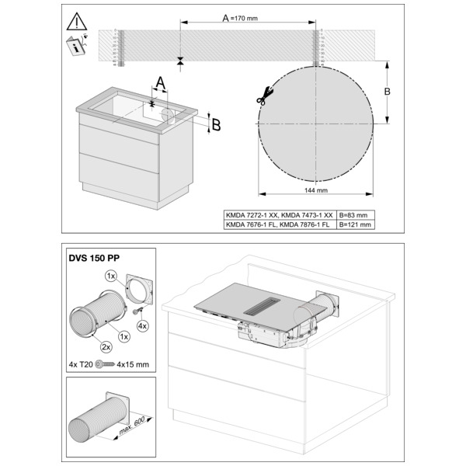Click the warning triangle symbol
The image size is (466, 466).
click(x=77, y=22)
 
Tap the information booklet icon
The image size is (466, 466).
click(x=76, y=45)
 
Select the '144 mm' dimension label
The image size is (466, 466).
click(x=316, y=190)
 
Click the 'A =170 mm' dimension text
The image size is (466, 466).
click(x=240, y=18)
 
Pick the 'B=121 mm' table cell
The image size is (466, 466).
click(x=355, y=224)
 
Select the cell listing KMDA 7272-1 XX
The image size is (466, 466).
click(x=279, y=215)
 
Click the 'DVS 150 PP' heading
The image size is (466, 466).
click(x=94, y=258)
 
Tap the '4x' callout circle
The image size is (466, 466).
click(x=143, y=326)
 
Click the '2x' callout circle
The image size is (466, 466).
click(x=106, y=347)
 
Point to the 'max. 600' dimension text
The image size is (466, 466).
click(x=132, y=426)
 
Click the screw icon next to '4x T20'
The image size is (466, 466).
click(x=105, y=364)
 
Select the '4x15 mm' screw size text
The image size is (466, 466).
click(x=133, y=364)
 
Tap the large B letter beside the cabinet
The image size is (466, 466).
click(x=216, y=125)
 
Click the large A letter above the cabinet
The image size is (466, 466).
click(x=161, y=82)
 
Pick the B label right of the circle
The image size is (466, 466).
click(x=387, y=91)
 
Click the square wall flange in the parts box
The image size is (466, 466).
click(x=141, y=290)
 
